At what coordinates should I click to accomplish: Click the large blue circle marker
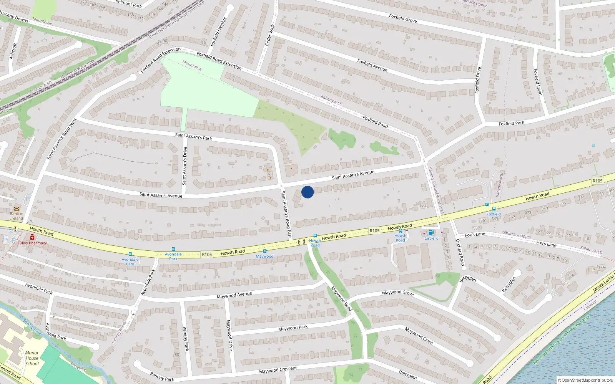[x=307, y=192]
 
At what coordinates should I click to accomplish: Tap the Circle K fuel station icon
[x=431, y=232]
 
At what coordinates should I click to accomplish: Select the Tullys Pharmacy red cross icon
[x=32, y=238]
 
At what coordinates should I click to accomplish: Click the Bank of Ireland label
[x=17, y=216]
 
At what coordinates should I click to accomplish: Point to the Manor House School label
[x=32, y=358]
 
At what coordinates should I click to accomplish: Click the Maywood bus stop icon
[x=265, y=251]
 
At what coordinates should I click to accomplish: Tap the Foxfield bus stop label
[x=494, y=214]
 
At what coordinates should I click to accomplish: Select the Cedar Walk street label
[x=270, y=35]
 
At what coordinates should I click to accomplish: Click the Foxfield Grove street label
[x=403, y=18]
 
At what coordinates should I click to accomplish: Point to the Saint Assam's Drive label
[x=185, y=166]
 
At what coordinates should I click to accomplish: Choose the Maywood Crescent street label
[x=278, y=370]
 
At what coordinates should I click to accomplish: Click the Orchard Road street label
[x=460, y=252]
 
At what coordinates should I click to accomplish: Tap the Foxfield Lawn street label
[x=538, y=82]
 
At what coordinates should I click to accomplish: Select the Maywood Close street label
[x=419, y=336]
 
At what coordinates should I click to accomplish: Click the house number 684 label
[x=423, y=206]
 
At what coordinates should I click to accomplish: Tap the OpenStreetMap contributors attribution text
[x=587, y=381]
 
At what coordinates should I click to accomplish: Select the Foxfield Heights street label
[x=219, y=31]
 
